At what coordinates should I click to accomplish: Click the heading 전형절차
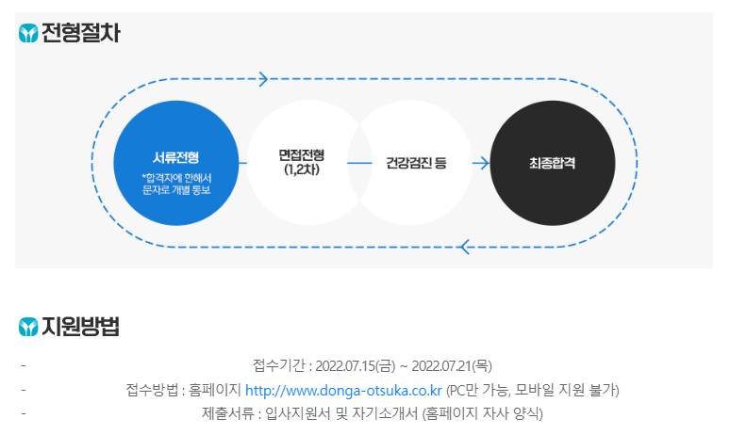pos(81,34)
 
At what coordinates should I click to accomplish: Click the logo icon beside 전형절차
pos(28,35)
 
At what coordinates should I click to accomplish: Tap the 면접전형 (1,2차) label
pos(301,163)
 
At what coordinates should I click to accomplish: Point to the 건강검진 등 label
pos(416,163)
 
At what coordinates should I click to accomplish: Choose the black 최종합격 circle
pos(553,163)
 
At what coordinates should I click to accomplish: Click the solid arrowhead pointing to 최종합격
pos(482,163)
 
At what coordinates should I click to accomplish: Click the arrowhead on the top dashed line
pos(263,79)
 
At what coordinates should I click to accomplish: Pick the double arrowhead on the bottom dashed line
pos(464,248)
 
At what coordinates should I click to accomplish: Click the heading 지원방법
pos(81,328)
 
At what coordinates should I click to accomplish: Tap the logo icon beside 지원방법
pos(28,328)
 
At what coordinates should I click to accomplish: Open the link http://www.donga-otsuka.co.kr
pos(343,390)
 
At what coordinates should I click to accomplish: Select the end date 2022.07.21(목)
pos(454,365)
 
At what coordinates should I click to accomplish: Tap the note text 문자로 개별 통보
pos(175,189)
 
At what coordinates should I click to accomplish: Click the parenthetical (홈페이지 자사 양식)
pos(483,413)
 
